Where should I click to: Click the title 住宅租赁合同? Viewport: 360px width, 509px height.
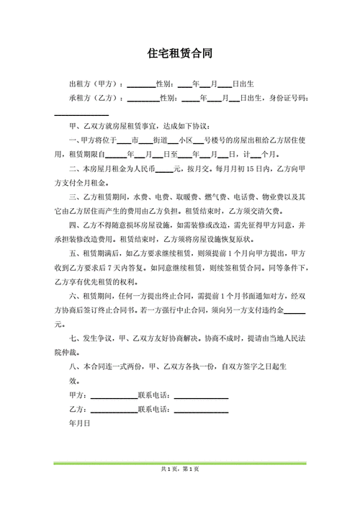pyautogui.click(x=179, y=54)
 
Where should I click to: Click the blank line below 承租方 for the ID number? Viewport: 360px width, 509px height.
pyautogui.click(x=81, y=114)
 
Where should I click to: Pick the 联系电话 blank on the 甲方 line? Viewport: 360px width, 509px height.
pyautogui.click(x=201, y=397)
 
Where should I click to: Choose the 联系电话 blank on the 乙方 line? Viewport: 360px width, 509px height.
pyautogui.click(x=201, y=410)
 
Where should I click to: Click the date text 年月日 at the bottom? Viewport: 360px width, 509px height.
pyautogui.click(x=79, y=424)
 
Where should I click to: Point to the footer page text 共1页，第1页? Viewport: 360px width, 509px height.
pyautogui.click(x=179, y=469)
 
